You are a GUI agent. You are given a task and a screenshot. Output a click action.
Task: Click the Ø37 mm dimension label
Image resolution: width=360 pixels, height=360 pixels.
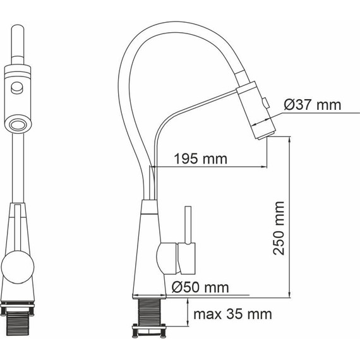[x=313, y=105]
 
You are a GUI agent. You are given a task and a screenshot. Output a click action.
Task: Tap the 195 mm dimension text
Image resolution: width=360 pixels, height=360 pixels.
[x=201, y=159]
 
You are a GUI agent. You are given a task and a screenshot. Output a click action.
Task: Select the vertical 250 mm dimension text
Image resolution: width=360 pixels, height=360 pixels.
[x=279, y=228]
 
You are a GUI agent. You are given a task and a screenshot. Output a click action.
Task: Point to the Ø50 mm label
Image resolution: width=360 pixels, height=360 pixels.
[x=200, y=287]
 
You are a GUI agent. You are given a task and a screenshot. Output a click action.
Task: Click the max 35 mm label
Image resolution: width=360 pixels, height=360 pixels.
[x=232, y=314]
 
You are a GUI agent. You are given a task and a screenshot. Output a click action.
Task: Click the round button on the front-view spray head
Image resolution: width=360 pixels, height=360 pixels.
[x=17, y=88]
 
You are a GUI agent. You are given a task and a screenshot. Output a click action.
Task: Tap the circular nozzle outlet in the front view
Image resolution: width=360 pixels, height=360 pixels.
[x=18, y=124]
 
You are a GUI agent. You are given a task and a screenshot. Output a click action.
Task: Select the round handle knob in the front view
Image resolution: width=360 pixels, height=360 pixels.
[x=18, y=267]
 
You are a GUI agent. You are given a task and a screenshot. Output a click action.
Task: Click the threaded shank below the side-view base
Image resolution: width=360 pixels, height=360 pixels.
[x=150, y=311]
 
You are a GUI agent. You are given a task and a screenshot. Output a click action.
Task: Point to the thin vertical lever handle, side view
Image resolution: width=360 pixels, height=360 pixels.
[x=188, y=225]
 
